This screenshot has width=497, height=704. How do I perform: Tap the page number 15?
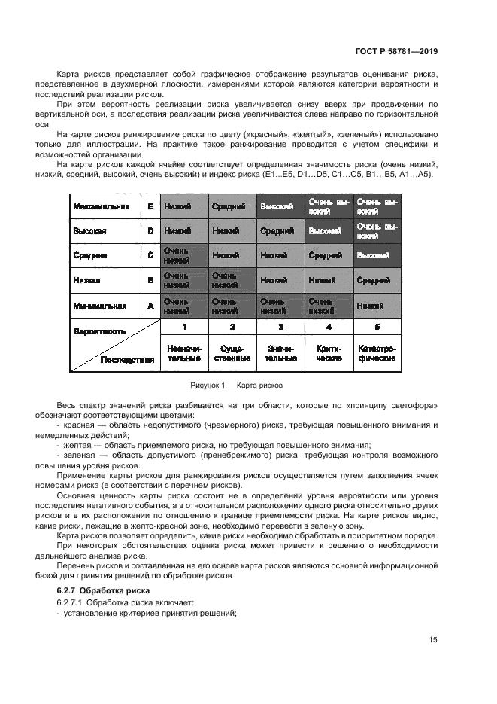tap(433, 640)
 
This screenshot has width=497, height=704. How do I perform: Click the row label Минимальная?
tap(99, 306)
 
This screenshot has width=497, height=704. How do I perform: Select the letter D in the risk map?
tap(150, 231)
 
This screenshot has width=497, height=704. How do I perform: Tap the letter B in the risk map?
tap(150, 281)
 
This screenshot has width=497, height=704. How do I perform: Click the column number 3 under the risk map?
tap(280, 327)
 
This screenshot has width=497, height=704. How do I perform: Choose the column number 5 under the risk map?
tap(377, 327)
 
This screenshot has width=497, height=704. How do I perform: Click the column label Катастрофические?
tap(377, 354)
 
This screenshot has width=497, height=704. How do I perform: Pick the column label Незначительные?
tap(183, 354)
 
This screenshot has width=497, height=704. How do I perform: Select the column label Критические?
tap(329, 354)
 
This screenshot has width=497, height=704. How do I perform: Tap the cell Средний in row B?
tap(377, 281)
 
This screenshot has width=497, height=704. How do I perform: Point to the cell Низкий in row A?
tap(377, 306)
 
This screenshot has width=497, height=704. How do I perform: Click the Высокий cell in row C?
tap(377, 256)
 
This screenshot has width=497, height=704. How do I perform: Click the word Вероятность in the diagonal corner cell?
tap(99, 331)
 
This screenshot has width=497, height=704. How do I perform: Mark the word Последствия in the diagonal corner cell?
tap(128, 360)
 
